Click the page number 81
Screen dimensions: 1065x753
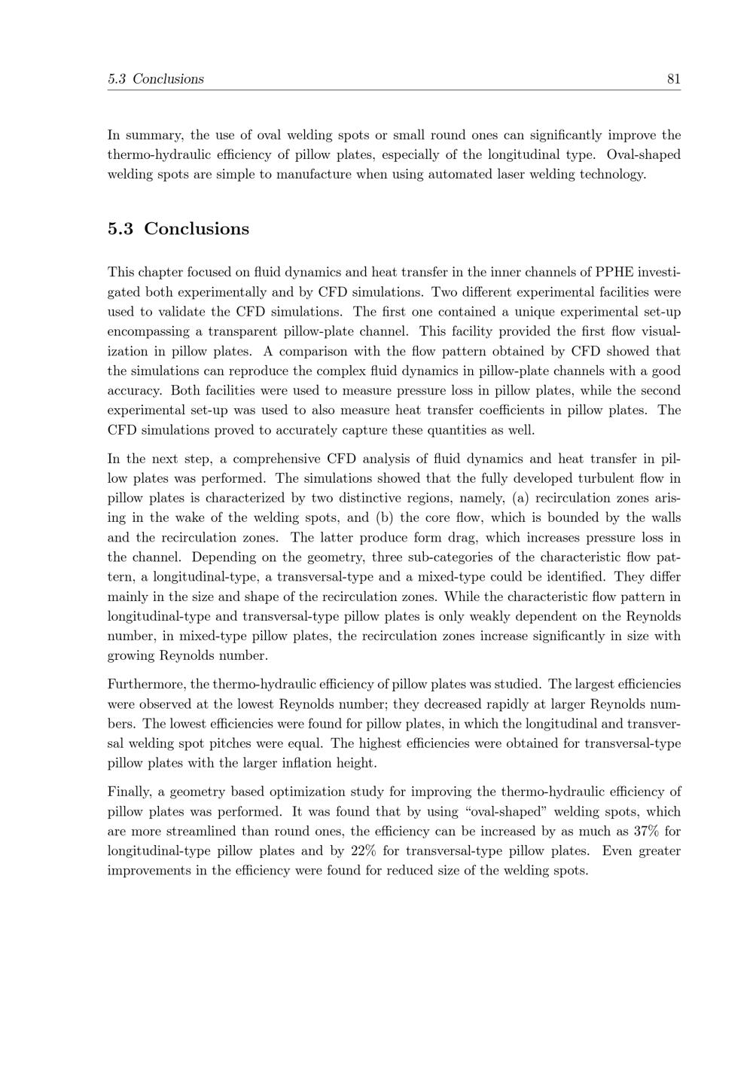point(673,79)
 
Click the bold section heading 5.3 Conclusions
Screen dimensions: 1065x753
point(178,229)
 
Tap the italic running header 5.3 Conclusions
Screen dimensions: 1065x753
point(156,79)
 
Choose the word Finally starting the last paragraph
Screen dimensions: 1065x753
point(130,792)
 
